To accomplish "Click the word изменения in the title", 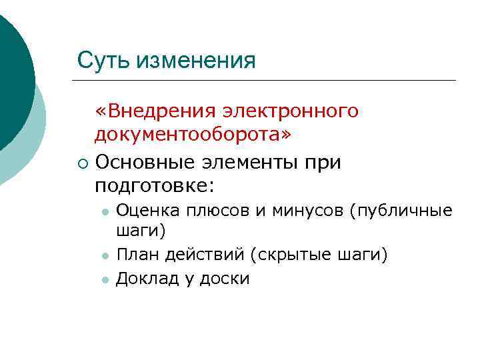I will point(196,61).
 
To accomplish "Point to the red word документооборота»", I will point(193,135).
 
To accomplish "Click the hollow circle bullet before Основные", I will point(80,162).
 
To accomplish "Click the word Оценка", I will point(144,211).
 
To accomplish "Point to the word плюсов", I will point(213,211).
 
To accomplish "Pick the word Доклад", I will point(143,279).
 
